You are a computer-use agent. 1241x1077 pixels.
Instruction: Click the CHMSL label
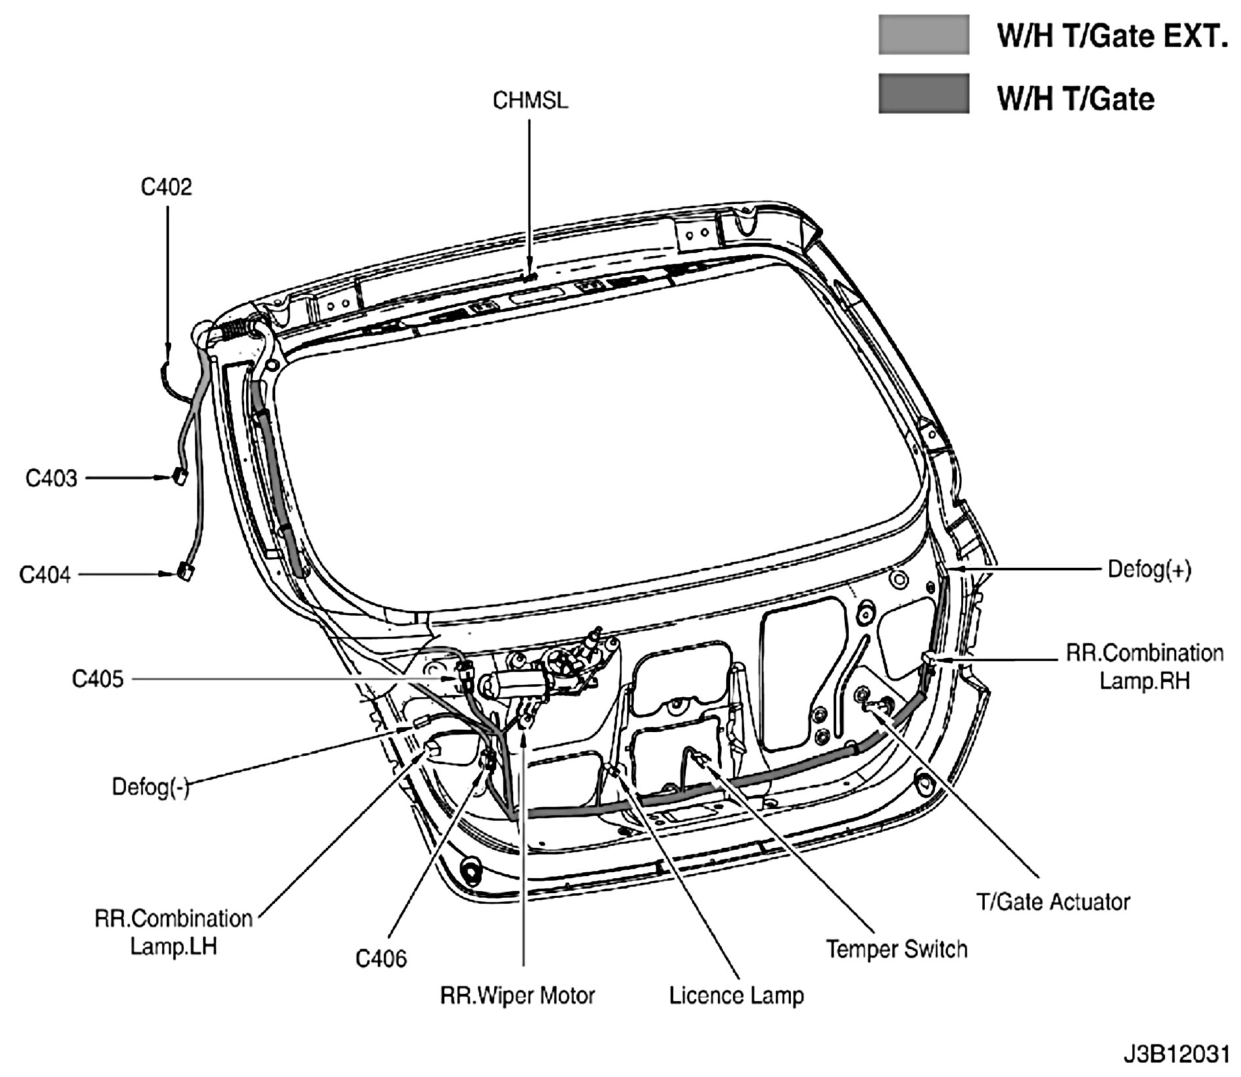pyautogui.click(x=530, y=101)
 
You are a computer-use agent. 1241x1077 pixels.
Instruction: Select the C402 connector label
pyautogui.click(x=166, y=187)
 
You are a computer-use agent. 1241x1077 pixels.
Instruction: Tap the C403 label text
pyautogui.click(x=51, y=478)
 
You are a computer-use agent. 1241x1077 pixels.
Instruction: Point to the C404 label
pyautogui.click(x=45, y=575)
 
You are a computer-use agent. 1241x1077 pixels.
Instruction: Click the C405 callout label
pyautogui.click(x=97, y=679)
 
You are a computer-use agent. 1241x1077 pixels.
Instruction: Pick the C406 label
pyautogui.click(x=381, y=959)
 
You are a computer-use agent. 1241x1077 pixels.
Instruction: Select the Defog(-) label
pyautogui.click(x=151, y=787)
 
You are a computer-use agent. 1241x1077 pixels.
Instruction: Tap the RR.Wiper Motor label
pyautogui.click(x=517, y=995)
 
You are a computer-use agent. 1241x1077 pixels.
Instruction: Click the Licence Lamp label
pyautogui.click(x=737, y=995)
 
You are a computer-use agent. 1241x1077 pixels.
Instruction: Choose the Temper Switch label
pyautogui.click(x=896, y=949)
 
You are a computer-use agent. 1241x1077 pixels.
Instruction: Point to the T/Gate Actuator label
pyautogui.click(x=1053, y=901)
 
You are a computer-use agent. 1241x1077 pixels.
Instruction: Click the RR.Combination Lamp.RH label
pyautogui.click(x=1144, y=667)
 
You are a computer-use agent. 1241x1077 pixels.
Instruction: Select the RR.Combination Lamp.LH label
pyautogui.click(x=174, y=932)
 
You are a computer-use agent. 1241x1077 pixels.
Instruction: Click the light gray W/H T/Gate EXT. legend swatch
pyautogui.click(x=923, y=35)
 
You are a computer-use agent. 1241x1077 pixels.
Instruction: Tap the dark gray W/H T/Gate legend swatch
pyautogui.click(x=923, y=93)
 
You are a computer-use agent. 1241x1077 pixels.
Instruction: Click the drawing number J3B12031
pyautogui.click(x=1176, y=1054)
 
